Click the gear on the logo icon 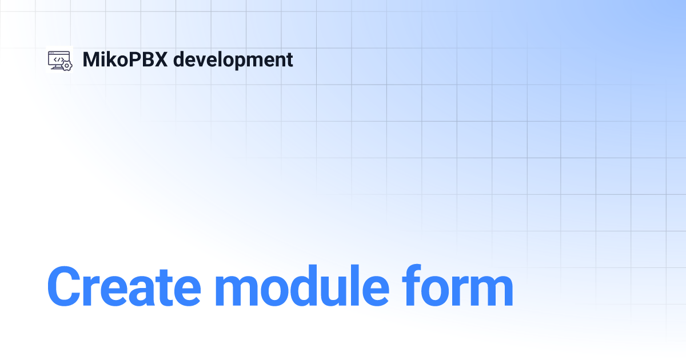click(x=67, y=66)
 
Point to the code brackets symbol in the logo click(x=58, y=58)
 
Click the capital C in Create click(x=66, y=286)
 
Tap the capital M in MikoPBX click(x=91, y=59)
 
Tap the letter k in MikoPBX click(x=112, y=59)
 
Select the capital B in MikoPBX click(x=147, y=59)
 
